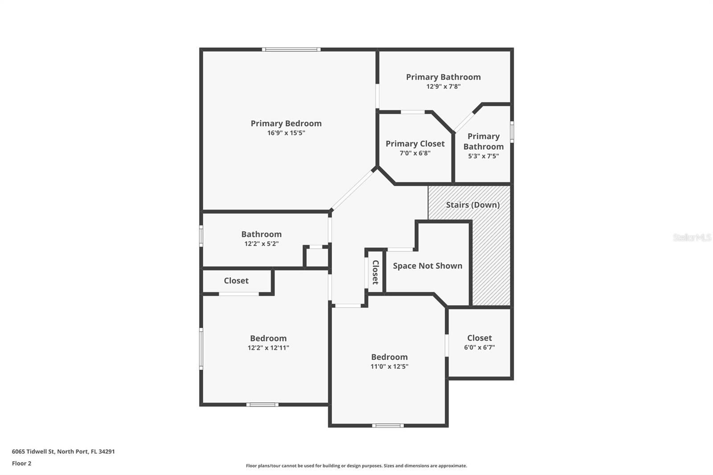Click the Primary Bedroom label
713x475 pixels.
(x=286, y=123)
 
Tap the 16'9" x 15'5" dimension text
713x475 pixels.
(x=286, y=133)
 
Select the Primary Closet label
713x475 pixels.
(x=415, y=143)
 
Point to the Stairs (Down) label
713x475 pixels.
(x=473, y=205)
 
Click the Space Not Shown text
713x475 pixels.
(x=427, y=266)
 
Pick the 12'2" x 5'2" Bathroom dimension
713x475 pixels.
(x=262, y=244)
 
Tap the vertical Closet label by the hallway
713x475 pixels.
(x=375, y=272)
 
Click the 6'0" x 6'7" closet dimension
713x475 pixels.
(x=479, y=348)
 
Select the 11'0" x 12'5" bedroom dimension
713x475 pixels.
(x=389, y=367)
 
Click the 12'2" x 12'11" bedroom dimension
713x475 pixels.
(x=268, y=348)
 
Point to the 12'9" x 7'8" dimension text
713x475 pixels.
(x=443, y=86)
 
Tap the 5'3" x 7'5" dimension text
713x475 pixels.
(x=484, y=156)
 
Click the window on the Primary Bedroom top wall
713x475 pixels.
(x=291, y=49)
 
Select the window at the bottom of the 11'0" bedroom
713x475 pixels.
(x=388, y=426)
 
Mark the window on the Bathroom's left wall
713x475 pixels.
(x=201, y=236)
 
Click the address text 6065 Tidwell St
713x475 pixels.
(x=63, y=451)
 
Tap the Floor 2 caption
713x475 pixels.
(x=21, y=463)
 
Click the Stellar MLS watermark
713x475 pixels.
(x=692, y=237)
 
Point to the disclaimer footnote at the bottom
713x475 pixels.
(x=356, y=466)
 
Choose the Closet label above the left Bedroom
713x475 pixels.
(x=236, y=281)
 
